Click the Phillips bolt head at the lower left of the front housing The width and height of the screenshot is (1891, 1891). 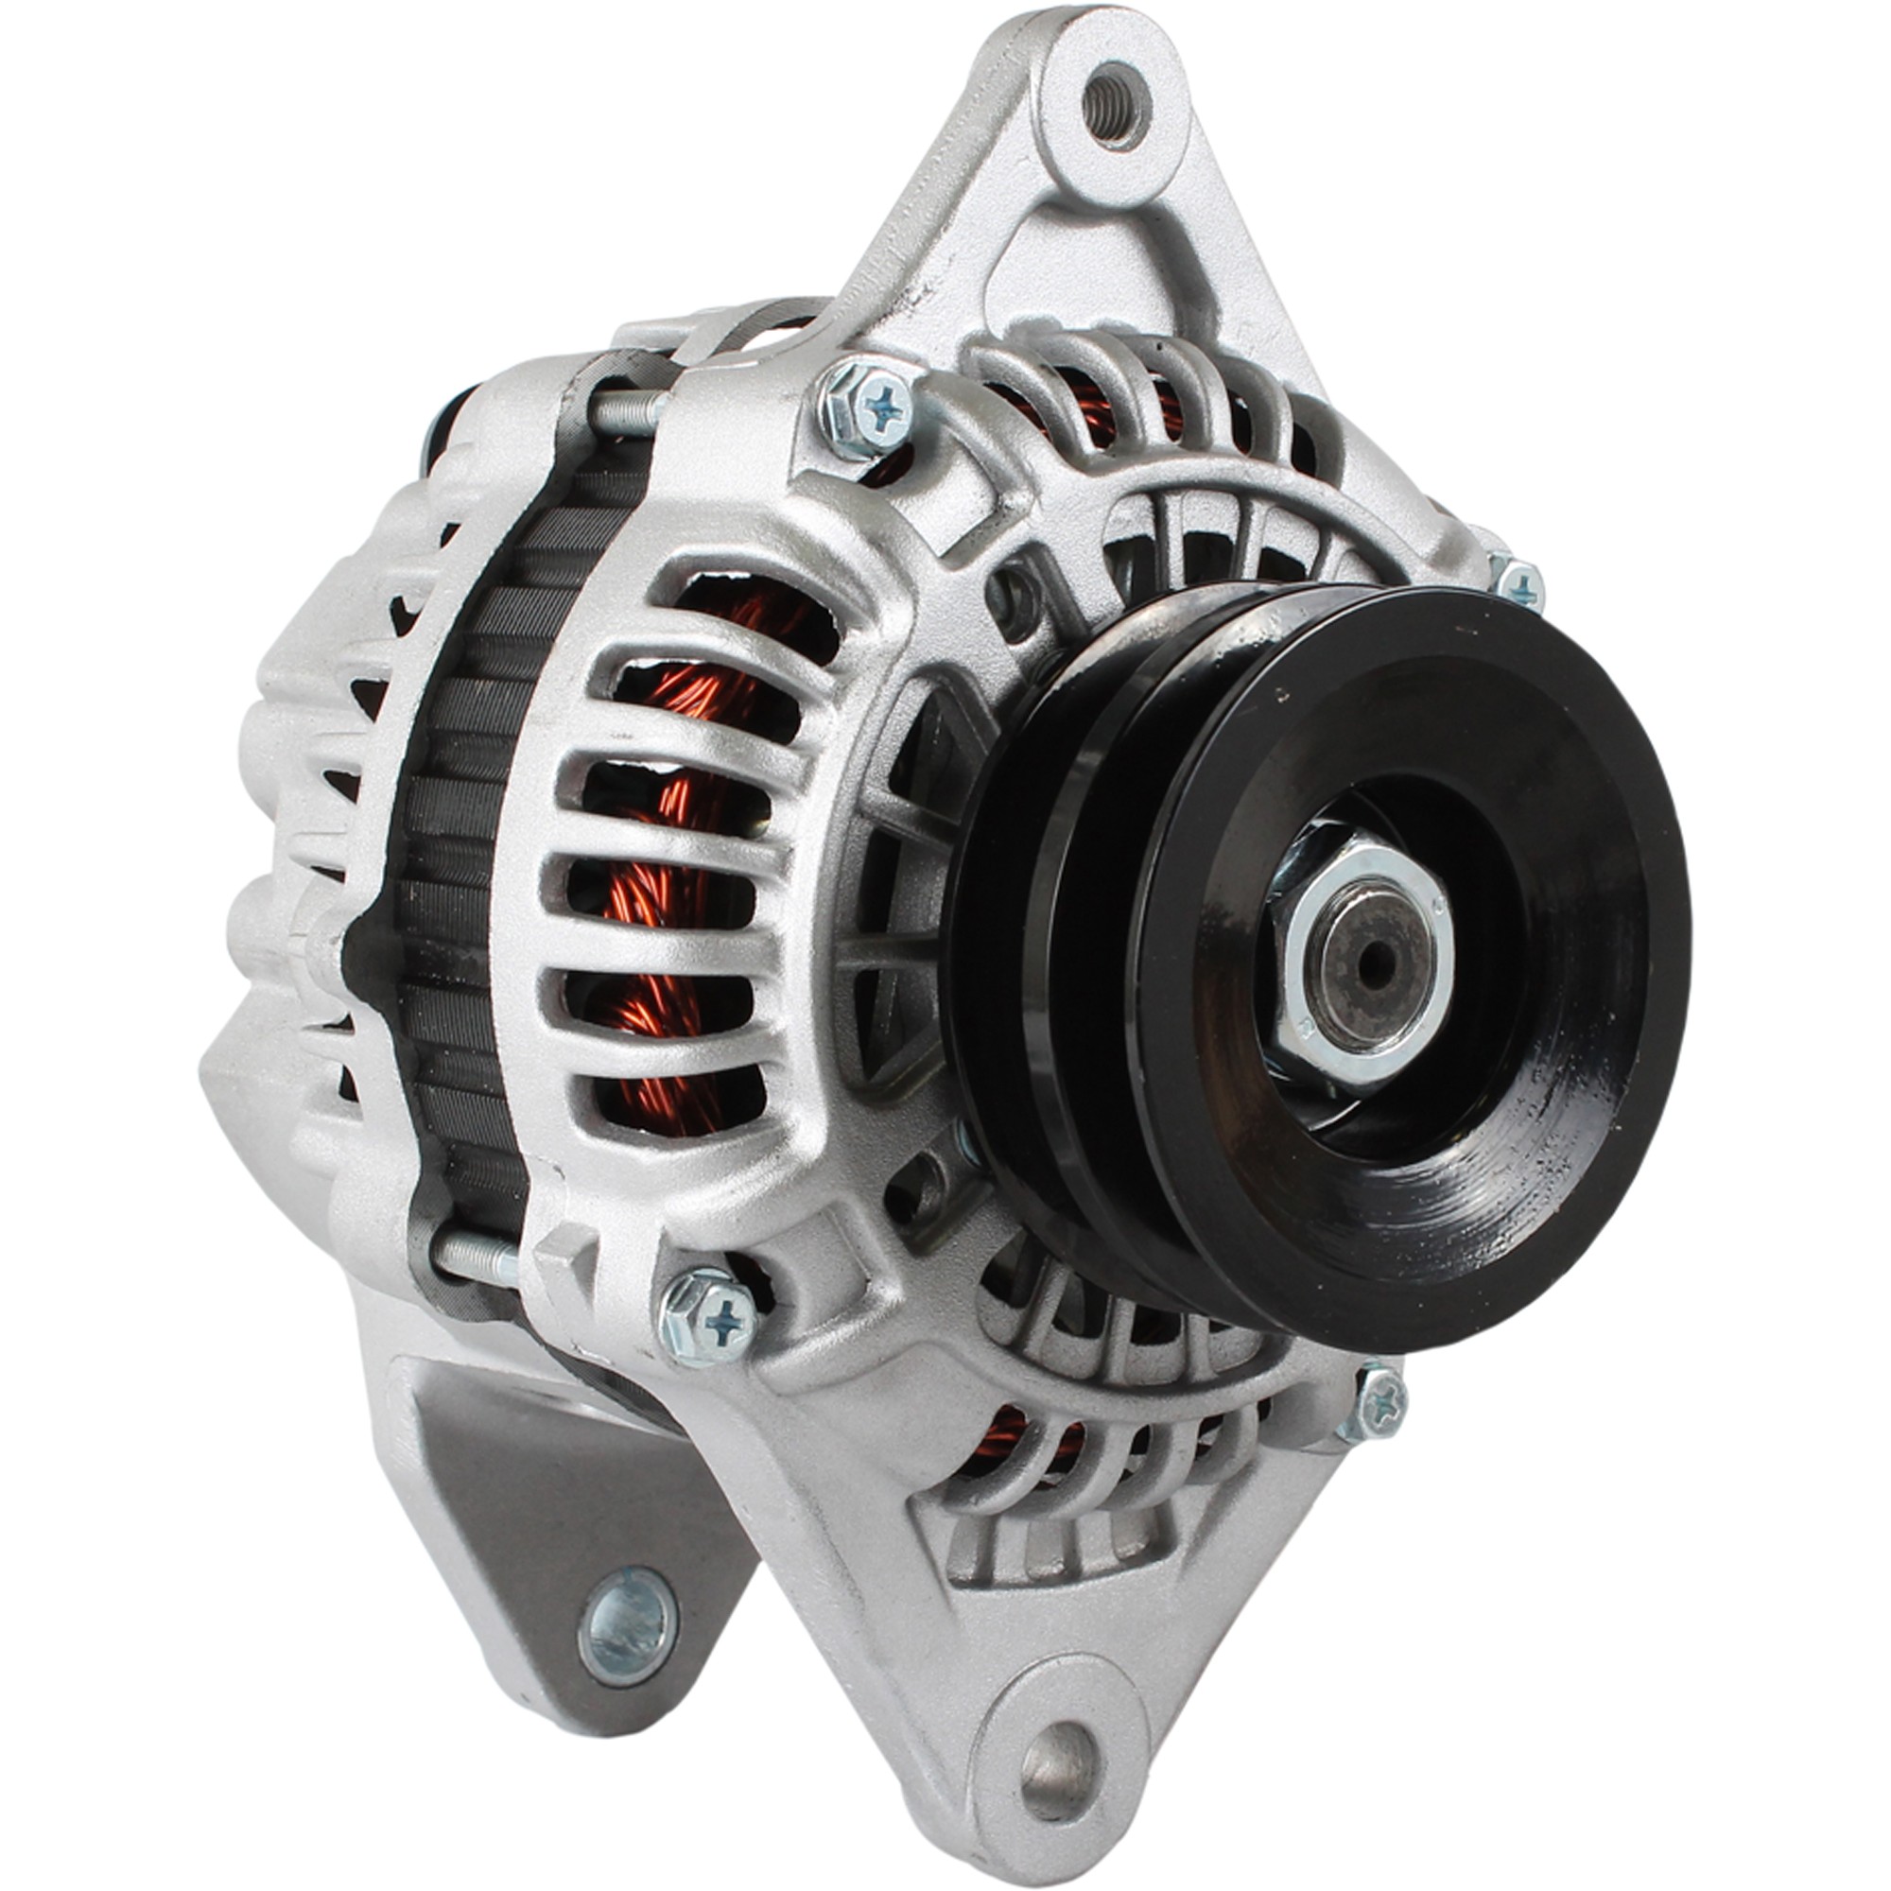pyautogui.click(x=710, y=1315)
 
